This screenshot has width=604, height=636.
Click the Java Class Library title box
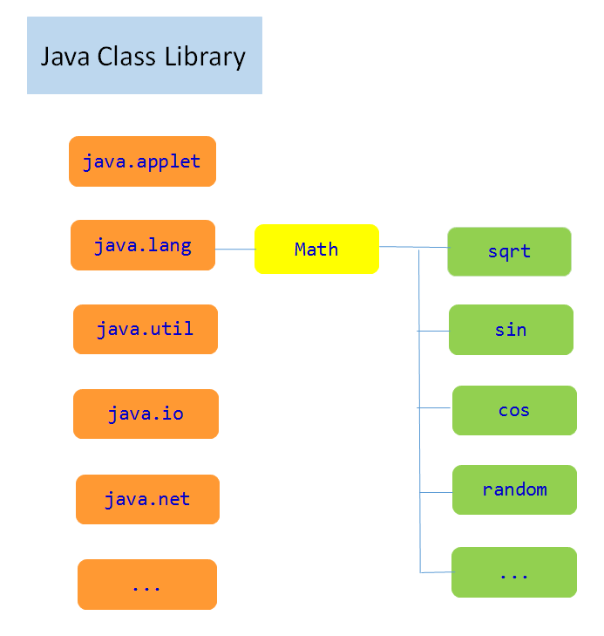(x=144, y=55)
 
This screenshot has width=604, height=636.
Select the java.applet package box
(x=142, y=161)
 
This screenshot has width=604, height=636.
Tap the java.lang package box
(x=142, y=245)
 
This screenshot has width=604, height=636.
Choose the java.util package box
(x=145, y=329)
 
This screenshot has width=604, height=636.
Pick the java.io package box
(x=146, y=414)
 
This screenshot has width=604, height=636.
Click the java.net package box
(x=147, y=499)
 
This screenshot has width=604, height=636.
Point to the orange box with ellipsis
(x=146, y=585)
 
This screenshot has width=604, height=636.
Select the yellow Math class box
(x=316, y=250)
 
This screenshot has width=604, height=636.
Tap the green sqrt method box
(x=509, y=251)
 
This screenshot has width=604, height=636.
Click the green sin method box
(x=511, y=330)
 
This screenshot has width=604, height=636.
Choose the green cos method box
(x=514, y=410)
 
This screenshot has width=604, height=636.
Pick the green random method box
(x=514, y=489)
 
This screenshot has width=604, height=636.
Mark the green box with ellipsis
(x=514, y=572)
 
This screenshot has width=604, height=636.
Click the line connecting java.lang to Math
(x=234, y=250)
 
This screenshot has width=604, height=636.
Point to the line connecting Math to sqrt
(x=413, y=248)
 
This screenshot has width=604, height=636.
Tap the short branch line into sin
(x=434, y=331)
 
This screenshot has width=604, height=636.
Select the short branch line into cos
(x=435, y=407)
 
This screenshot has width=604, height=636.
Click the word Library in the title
(x=207, y=57)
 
